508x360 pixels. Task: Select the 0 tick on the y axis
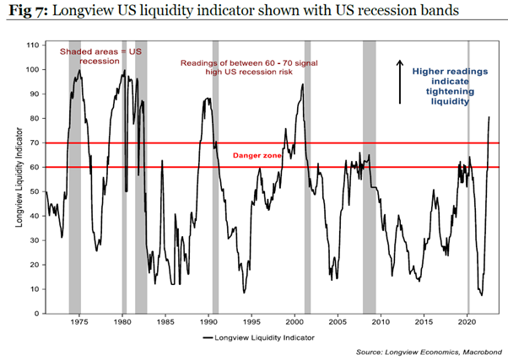(34, 314)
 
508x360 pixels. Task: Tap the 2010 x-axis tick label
(381, 323)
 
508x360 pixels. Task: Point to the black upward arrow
(401, 82)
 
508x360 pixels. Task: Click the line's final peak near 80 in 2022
(489, 117)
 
